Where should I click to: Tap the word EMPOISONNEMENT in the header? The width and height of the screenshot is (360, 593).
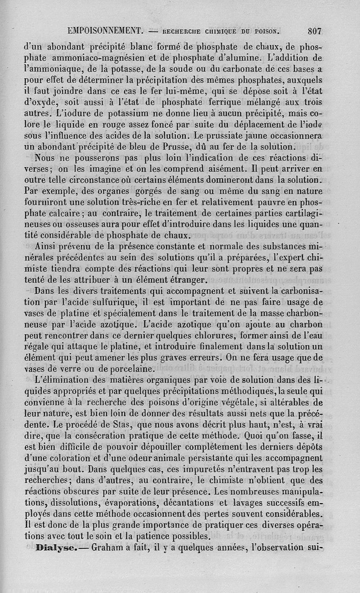pyautogui.click(x=105, y=31)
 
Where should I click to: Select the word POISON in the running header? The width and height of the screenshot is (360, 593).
pyautogui.click(x=266, y=31)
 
